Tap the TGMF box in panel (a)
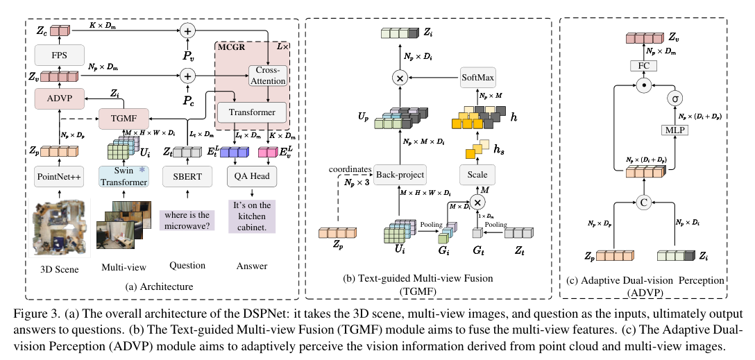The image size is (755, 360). tap(121, 119)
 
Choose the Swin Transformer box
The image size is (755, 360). tap(124, 177)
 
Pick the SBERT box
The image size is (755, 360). tap(187, 178)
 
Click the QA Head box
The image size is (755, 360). tap(251, 178)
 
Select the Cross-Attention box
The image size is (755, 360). tap(267, 76)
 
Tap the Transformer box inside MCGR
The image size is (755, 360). tap(251, 112)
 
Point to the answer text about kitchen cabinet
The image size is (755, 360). tap(252, 216)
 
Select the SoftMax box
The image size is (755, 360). tap(479, 78)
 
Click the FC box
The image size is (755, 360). tap(643, 66)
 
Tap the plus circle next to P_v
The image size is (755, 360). tap(187, 30)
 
